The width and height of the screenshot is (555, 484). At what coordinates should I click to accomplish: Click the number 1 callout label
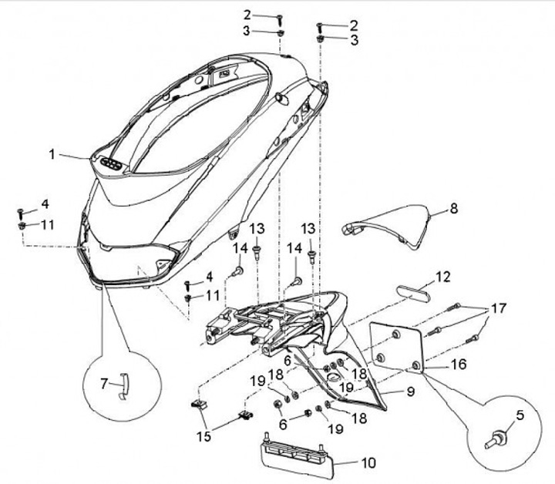(52, 154)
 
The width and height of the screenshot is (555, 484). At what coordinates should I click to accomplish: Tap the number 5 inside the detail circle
(520, 416)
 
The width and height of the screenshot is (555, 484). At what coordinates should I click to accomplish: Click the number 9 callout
(410, 392)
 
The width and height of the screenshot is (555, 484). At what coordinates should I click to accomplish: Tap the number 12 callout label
(442, 277)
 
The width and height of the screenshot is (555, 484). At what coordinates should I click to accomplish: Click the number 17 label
(498, 308)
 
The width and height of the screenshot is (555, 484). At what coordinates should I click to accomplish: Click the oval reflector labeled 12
(415, 292)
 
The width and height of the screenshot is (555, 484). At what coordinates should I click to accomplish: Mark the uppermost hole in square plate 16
(395, 333)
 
